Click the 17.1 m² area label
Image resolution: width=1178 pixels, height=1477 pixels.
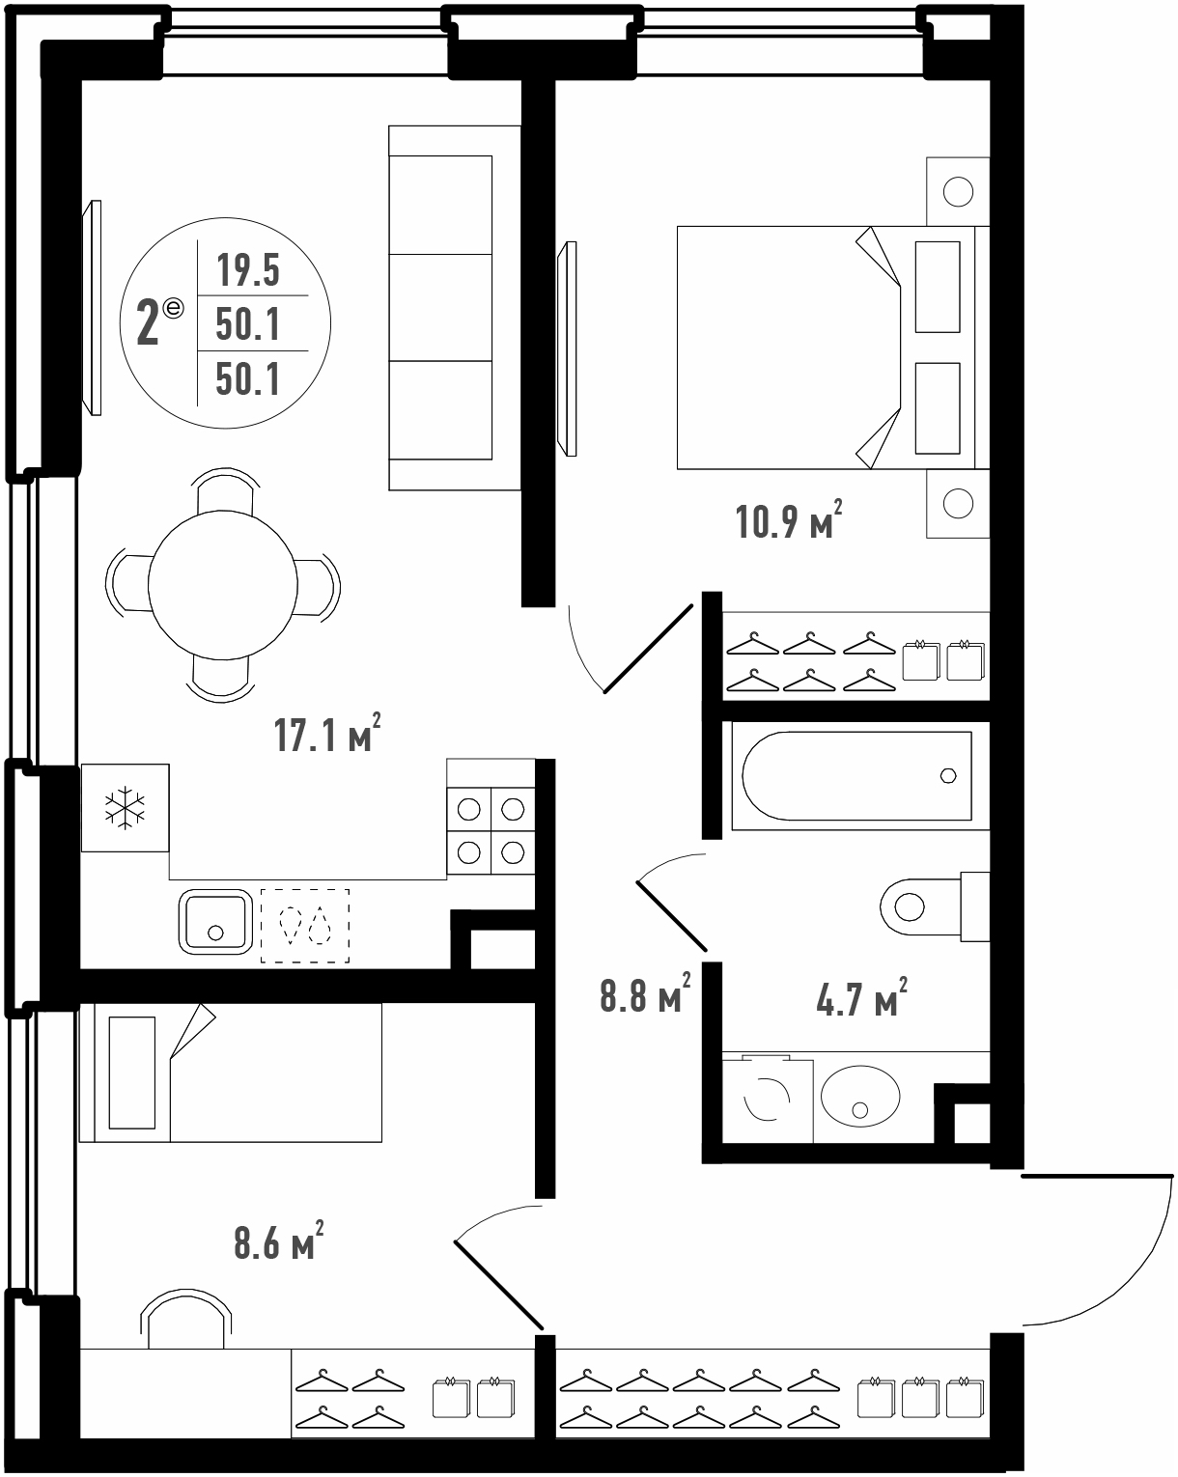[326, 734]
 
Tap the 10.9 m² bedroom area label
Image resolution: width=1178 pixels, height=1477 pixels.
[789, 520]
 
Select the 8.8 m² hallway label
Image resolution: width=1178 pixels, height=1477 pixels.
[645, 994]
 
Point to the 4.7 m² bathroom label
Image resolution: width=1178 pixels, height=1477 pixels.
[861, 997]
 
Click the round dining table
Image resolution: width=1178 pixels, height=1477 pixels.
[223, 585]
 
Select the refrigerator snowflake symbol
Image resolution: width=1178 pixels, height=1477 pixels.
[125, 808]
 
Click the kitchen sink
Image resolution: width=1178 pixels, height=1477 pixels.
[215, 922]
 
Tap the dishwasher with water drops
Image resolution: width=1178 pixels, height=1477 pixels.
[305, 925]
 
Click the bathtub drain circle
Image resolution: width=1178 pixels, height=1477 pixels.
[948, 775]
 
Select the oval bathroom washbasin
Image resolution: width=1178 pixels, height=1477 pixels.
[860, 1096]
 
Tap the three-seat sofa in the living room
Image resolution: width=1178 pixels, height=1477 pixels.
[455, 308]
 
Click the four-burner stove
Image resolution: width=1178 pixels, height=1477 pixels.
[491, 830]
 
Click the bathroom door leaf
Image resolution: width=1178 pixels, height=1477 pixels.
[671, 916]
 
